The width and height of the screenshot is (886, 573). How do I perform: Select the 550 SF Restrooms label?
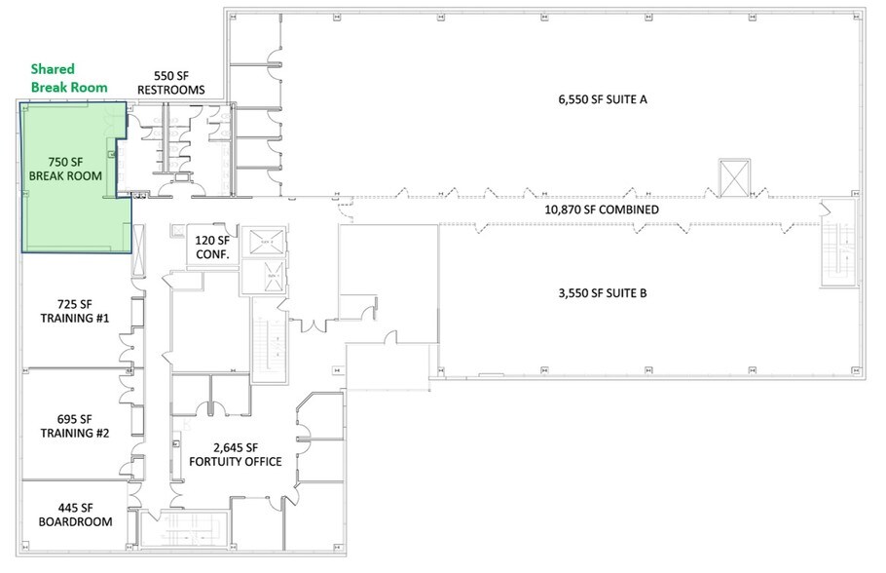click(x=170, y=83)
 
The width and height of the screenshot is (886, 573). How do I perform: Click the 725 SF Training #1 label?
click(x=75, y=312)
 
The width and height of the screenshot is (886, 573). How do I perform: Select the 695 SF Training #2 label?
click(x=75, y=425)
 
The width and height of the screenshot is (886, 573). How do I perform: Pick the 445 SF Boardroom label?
click(x=75, y=515)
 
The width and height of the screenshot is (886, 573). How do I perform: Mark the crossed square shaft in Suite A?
click(x=734, y=174)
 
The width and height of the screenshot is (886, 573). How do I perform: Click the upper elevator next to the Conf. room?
click(x=261, y=242)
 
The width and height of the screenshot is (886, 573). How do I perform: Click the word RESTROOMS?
click(x=170, y=90)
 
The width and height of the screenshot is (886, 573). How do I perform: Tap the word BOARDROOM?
click(x=75, y=521)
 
